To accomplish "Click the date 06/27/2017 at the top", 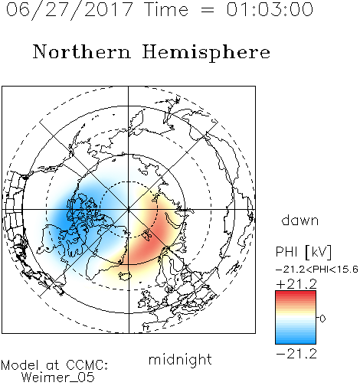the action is pos(69,10).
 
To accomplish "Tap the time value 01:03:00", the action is pos(270,9).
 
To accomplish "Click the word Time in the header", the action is pos(166,9).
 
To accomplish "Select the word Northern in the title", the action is pos(82,51).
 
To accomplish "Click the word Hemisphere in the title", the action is pos(206,53).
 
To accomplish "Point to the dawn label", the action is pos(300,220).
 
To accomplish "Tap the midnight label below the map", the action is pos(180,359).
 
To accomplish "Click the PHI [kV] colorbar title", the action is pos(304,252).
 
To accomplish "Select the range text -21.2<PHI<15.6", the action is pos(317,270).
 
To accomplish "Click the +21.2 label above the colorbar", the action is pos(296,284).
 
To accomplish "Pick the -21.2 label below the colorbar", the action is pos(296,354).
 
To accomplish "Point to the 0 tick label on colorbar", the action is pos(322,319).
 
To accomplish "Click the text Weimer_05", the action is pos(58,378).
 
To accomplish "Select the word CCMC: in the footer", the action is pos(87,365).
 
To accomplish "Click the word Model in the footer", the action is pos(21,365).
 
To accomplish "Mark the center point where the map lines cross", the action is pos(129,210).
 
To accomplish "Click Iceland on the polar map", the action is pos(125,276).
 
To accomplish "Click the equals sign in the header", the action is pos(208,10).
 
